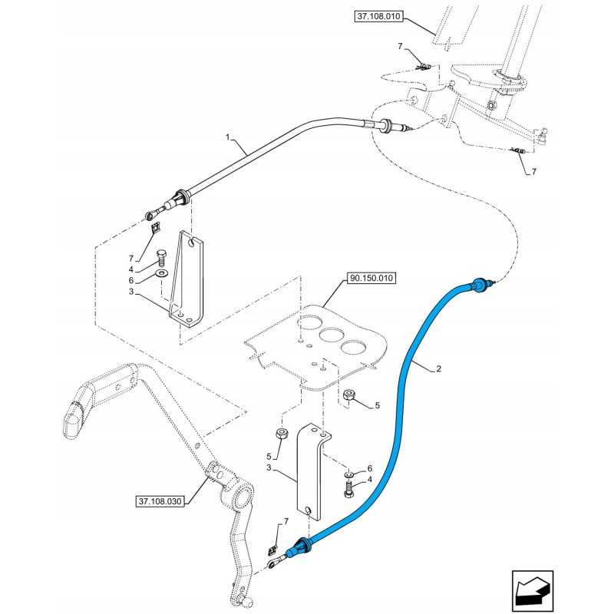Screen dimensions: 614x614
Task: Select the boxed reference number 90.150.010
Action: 371,278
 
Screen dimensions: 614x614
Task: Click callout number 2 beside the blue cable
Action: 438,369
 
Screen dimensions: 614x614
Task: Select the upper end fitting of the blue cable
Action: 481,284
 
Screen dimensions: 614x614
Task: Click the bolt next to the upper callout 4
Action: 161,258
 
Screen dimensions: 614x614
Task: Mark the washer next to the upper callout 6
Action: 161,273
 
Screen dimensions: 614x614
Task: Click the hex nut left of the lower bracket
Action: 281,435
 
